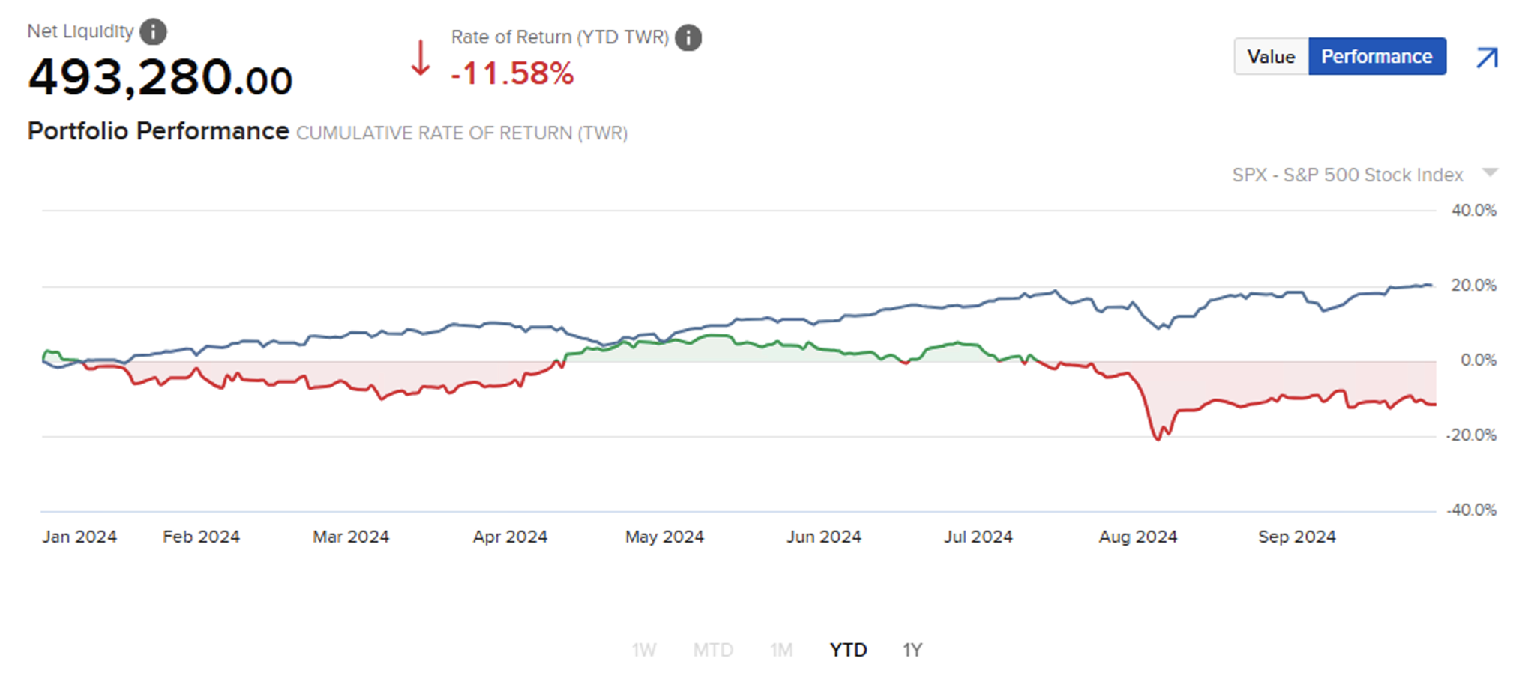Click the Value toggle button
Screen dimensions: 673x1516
[1271, 57]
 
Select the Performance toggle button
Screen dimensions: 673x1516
[1377, 57]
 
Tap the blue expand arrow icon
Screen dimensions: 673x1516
[1487, 58]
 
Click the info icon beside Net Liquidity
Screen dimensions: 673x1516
[153, 31]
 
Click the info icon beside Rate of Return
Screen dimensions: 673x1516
[688, 37]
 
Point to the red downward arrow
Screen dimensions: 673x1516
[421, 58]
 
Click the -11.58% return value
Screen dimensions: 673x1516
[512, 73]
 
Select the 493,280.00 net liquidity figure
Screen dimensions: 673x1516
[160, 78]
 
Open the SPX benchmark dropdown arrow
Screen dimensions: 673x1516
[1490, 173]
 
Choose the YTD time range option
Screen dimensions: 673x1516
[848, 649]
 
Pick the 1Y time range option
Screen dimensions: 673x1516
[912, 649]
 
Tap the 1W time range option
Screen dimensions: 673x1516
[643, 649]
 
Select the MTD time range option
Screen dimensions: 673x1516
[712, 649]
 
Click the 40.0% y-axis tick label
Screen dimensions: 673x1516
[1473, 211]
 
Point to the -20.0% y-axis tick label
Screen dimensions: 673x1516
[1470, 435]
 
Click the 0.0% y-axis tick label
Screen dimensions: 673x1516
[1478, 360]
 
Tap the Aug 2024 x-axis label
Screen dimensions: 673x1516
[1137, 537]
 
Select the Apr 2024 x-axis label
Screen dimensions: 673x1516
[510, 537]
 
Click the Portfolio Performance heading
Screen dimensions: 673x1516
[158, 131]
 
